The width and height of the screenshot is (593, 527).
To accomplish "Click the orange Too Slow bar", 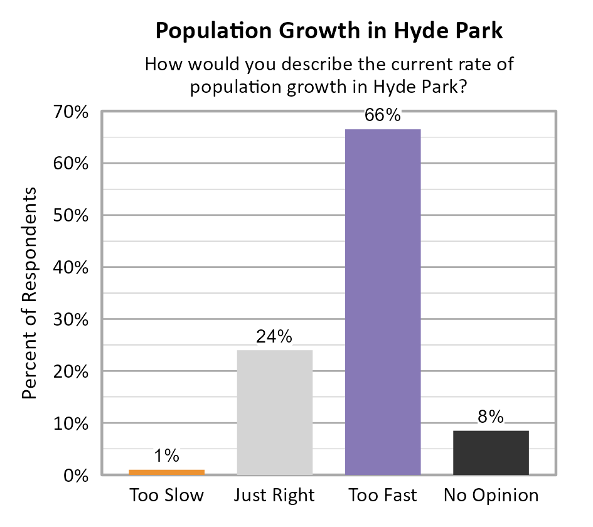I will (x=167, y=472).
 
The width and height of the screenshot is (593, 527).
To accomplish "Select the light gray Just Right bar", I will (x=275, y=412).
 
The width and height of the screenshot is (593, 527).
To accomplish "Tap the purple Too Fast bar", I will (x=383, y=302).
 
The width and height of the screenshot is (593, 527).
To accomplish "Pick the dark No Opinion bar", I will (x=491, y=452).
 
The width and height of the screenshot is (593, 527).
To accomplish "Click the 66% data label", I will (x=383, y=116).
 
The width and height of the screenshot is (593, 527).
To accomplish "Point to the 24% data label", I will (x=275, y=337).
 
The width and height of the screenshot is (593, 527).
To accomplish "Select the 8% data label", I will (x=491, y=417).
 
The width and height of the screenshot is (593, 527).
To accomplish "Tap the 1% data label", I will (x=167, y=456).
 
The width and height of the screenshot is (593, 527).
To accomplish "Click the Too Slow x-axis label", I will (x=167, y=496).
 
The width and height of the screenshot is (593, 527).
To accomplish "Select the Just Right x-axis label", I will (x=275, y=496).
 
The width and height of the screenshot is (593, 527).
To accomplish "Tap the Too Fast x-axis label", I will (x=383, y=496).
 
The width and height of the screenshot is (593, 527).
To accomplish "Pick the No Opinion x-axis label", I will (x=491, y=496).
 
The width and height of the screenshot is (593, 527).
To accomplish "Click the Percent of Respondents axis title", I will (x=30, y=293).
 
